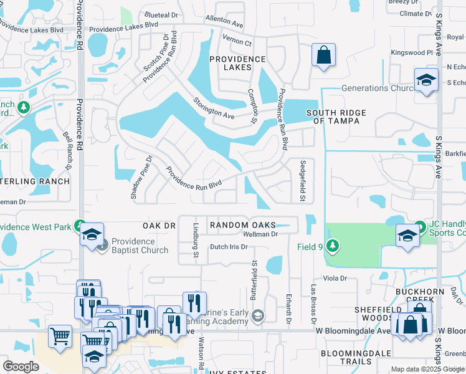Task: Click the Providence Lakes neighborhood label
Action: tap(237, 63)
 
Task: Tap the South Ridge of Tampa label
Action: tap(333, 117)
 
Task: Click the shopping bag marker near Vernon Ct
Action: tap(324, 55)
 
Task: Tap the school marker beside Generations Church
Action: tap(426, 80)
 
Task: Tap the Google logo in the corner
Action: tap(21, 367)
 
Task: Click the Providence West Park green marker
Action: tap(80, 225)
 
